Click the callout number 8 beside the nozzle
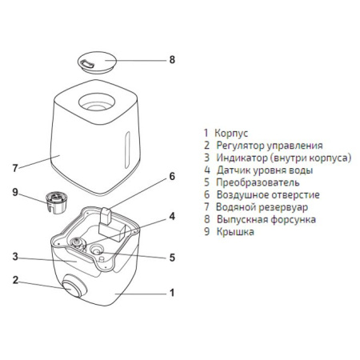(170, 59)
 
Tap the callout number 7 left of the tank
(14, 168)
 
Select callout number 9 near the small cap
(14, 192)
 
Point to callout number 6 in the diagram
(171, 176)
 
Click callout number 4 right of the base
(171, 216)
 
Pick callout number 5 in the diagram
(171, 257)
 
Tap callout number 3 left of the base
(14, 257)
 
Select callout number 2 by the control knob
(14, 280)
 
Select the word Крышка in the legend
(236, 231)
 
